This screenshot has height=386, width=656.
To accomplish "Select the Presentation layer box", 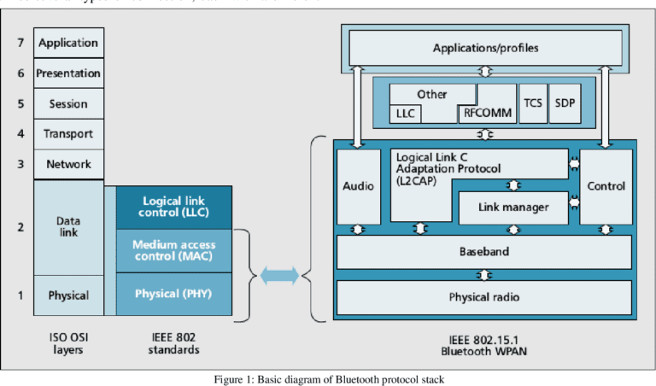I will coord(68,73).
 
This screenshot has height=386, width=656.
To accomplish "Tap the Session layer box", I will coord(68,104).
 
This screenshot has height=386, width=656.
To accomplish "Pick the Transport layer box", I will coord(68,134).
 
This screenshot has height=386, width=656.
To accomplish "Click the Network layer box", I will coord(68,164).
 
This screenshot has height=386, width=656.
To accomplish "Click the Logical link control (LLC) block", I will coord(174,207).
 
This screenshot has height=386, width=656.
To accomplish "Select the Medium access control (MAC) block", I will coord(174,250).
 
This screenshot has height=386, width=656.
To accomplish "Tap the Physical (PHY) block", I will coord(174,295).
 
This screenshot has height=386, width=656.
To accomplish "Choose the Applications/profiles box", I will coord(484,48).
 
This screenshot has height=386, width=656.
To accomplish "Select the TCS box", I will coord(532,102).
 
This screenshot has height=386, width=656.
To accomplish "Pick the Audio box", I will coord(358,186).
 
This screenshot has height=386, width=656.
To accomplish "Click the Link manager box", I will coord(512,206).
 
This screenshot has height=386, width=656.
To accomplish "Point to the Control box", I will coord(606,186).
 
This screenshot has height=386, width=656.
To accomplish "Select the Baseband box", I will coord(484,252).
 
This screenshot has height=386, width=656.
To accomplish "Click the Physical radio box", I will coord(484,297).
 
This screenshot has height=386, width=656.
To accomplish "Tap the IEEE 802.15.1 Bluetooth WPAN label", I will coord(484,343).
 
